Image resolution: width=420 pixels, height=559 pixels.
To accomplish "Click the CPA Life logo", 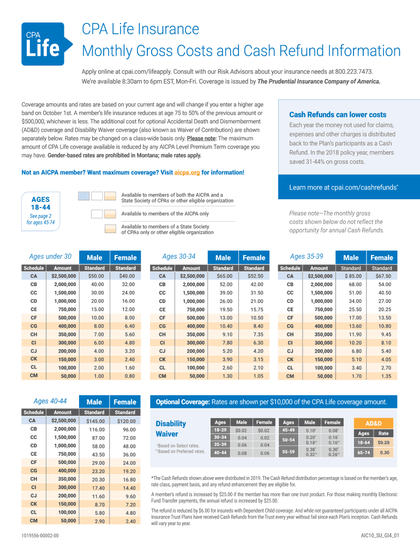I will click(46, 44).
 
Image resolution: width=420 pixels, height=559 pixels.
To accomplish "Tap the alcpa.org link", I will click(187, 173).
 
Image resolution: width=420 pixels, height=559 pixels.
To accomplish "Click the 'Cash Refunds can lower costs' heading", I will click(338, 115).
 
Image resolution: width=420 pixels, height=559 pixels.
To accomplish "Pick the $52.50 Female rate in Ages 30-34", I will click(254, 276).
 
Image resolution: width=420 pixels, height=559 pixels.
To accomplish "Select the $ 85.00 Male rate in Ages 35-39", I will click(351, 276).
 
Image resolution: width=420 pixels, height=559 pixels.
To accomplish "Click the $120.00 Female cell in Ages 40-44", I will click(125, 421).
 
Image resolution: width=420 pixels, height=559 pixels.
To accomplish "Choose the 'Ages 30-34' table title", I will click(179, 257).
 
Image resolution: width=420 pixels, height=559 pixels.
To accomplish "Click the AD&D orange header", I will click(373, 423).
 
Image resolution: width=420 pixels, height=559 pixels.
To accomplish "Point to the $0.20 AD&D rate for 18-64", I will click(384, 443).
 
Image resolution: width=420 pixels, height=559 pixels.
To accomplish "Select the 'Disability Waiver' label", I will click(171, 429).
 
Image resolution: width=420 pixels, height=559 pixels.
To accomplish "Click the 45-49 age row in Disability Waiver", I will click(289, 430).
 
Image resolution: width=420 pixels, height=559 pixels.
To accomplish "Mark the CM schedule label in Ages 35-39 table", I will click(290, 376).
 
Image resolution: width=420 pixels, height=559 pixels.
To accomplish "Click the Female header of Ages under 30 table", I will click(125, 258).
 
